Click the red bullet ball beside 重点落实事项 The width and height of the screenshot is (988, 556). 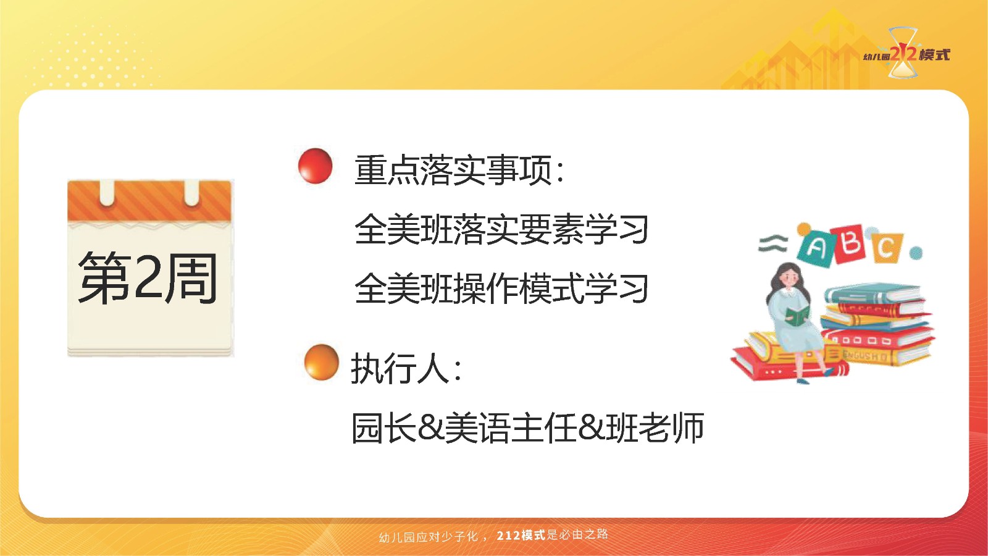(315, 166)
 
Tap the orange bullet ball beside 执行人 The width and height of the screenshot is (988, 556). (322, 362)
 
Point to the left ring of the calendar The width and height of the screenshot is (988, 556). (107, 193)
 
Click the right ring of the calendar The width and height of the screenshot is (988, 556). (191, 193)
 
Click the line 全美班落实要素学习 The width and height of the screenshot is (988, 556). (501, 229)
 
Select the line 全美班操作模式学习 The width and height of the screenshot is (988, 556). (501, 289)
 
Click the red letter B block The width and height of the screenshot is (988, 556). (850, 244)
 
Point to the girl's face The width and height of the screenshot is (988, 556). (790, 278)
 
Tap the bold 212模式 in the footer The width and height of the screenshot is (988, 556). (521, 535)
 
